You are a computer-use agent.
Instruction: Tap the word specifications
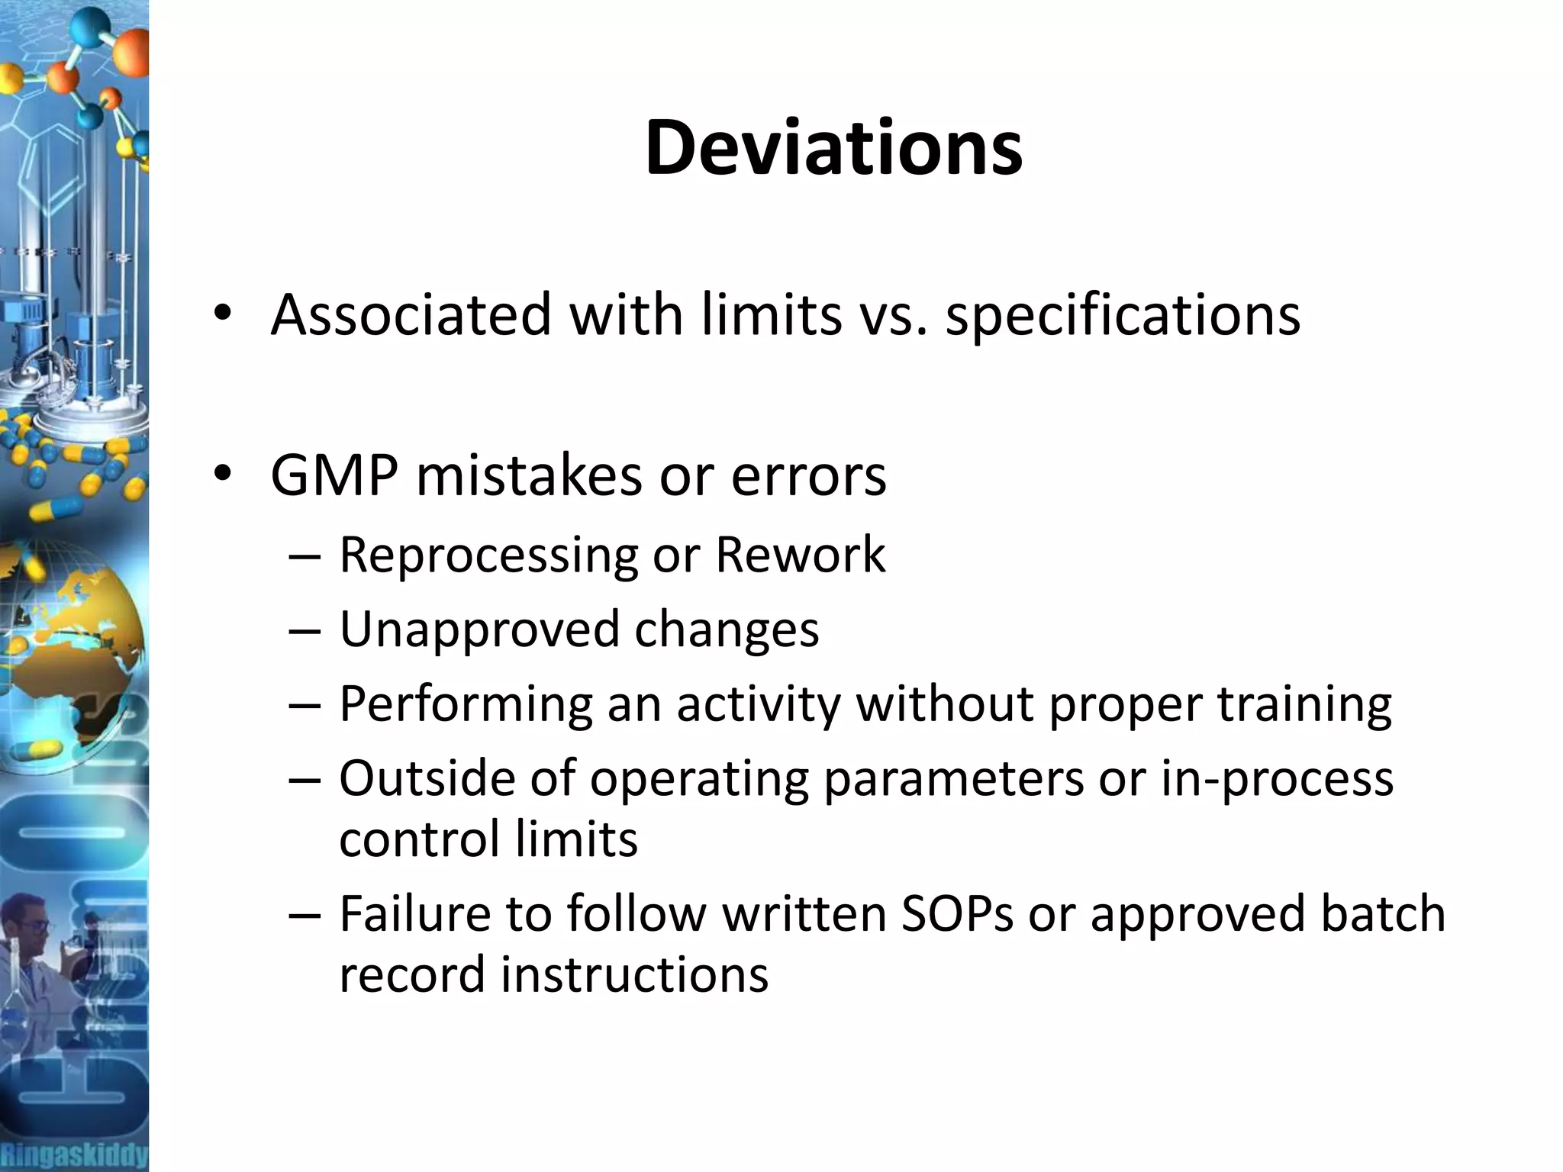(x=1123, y=315)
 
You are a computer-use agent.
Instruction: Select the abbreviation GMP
(x=334, y=475)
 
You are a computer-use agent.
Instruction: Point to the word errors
(x=808, y=475)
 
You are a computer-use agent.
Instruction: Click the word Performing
(x=466, y=704)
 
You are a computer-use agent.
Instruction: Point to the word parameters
(x=953, y=779)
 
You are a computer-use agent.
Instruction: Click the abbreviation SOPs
(x=957, y=913)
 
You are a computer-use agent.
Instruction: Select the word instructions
(x=634, y=974)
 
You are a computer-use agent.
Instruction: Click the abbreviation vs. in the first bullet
(x=894, y=315)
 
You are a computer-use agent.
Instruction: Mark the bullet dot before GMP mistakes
(x=222, y=474)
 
